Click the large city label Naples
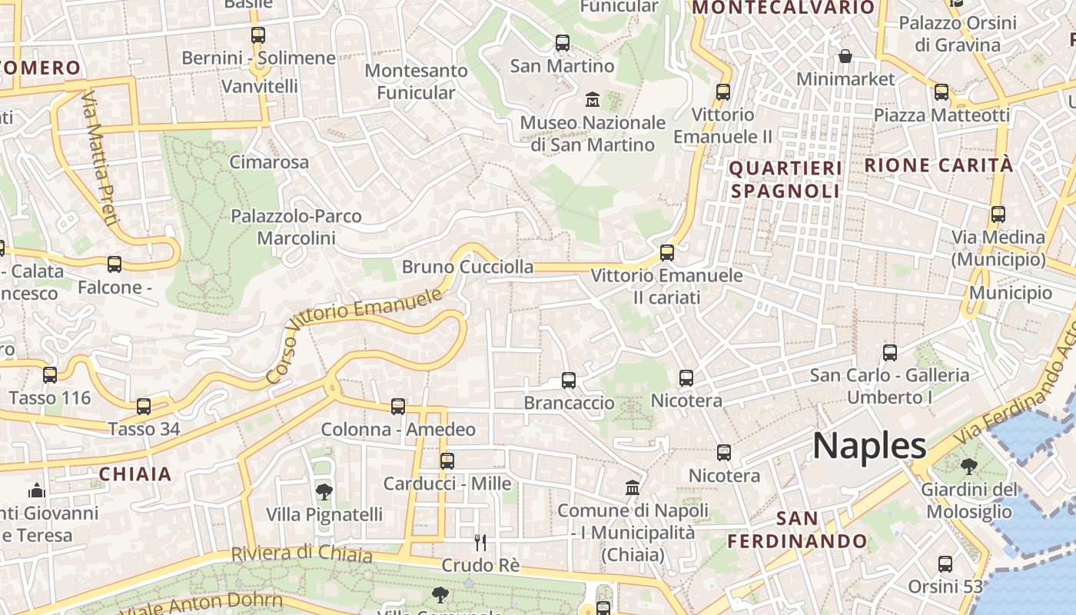869,446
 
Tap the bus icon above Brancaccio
569,380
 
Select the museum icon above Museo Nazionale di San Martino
593,100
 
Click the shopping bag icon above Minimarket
845,56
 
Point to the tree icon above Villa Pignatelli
324,491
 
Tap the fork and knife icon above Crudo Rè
480,543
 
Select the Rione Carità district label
938,165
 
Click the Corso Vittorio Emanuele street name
354,334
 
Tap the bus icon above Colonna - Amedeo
398,407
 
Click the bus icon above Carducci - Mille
447,461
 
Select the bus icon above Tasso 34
144,406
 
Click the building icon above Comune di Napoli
633,487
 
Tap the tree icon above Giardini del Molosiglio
968,466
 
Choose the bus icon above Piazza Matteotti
941,92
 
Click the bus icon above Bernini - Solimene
258,35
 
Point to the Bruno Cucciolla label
467,267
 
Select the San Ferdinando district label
798,530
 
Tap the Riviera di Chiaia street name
301,553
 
